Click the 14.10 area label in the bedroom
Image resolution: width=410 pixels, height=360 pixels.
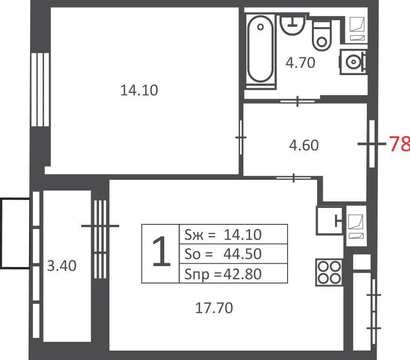point(139,90)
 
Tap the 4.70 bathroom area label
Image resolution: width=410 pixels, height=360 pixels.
point(300,63)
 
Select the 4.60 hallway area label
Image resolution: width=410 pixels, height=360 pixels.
point(304,145)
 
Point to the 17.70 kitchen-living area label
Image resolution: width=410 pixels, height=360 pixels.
point(214,308)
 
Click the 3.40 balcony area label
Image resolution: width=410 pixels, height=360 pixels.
point(62,266)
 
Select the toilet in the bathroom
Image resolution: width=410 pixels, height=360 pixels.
point(322,36)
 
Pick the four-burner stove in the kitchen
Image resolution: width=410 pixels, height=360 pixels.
point(329,272)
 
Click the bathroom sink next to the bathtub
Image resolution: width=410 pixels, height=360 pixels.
point(293,25)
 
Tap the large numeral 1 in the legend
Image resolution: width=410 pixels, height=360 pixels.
point(161,252)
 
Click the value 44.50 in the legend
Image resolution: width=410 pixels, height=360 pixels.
point(243,254)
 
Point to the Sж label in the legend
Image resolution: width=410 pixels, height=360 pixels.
point(194,234)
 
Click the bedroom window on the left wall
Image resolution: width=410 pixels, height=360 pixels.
point(40,90)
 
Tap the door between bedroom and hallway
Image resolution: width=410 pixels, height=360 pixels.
point(241,138)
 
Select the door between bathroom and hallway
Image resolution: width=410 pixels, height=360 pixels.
point(297,101)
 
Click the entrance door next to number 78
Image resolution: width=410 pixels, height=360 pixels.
point(372,144)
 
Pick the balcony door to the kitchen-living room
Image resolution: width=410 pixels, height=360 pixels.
point(100,239)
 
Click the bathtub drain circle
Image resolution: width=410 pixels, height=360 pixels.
point(260,27)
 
